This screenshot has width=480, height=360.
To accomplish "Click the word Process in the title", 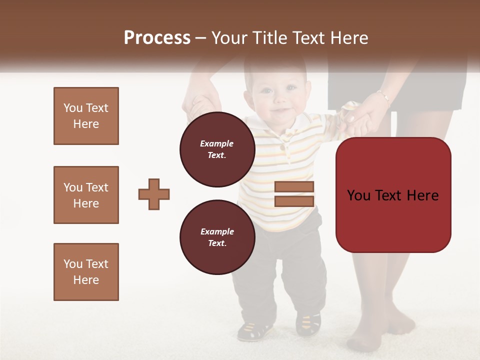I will [157, 38].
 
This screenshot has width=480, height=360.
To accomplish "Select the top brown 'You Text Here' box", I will [86, 116].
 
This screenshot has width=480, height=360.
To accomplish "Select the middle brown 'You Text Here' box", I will [86, 195].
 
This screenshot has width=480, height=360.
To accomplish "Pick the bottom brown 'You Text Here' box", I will [86, 272].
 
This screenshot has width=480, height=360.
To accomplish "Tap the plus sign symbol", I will [154, 194].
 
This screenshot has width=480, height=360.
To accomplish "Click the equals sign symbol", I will [294, 194].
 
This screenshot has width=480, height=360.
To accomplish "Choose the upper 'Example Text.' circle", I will [217, 149].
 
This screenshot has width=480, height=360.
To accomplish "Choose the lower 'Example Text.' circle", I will [217, 237].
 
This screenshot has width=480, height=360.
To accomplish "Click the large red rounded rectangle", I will [393, 195].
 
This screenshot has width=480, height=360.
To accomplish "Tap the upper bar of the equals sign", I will [294, 187].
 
